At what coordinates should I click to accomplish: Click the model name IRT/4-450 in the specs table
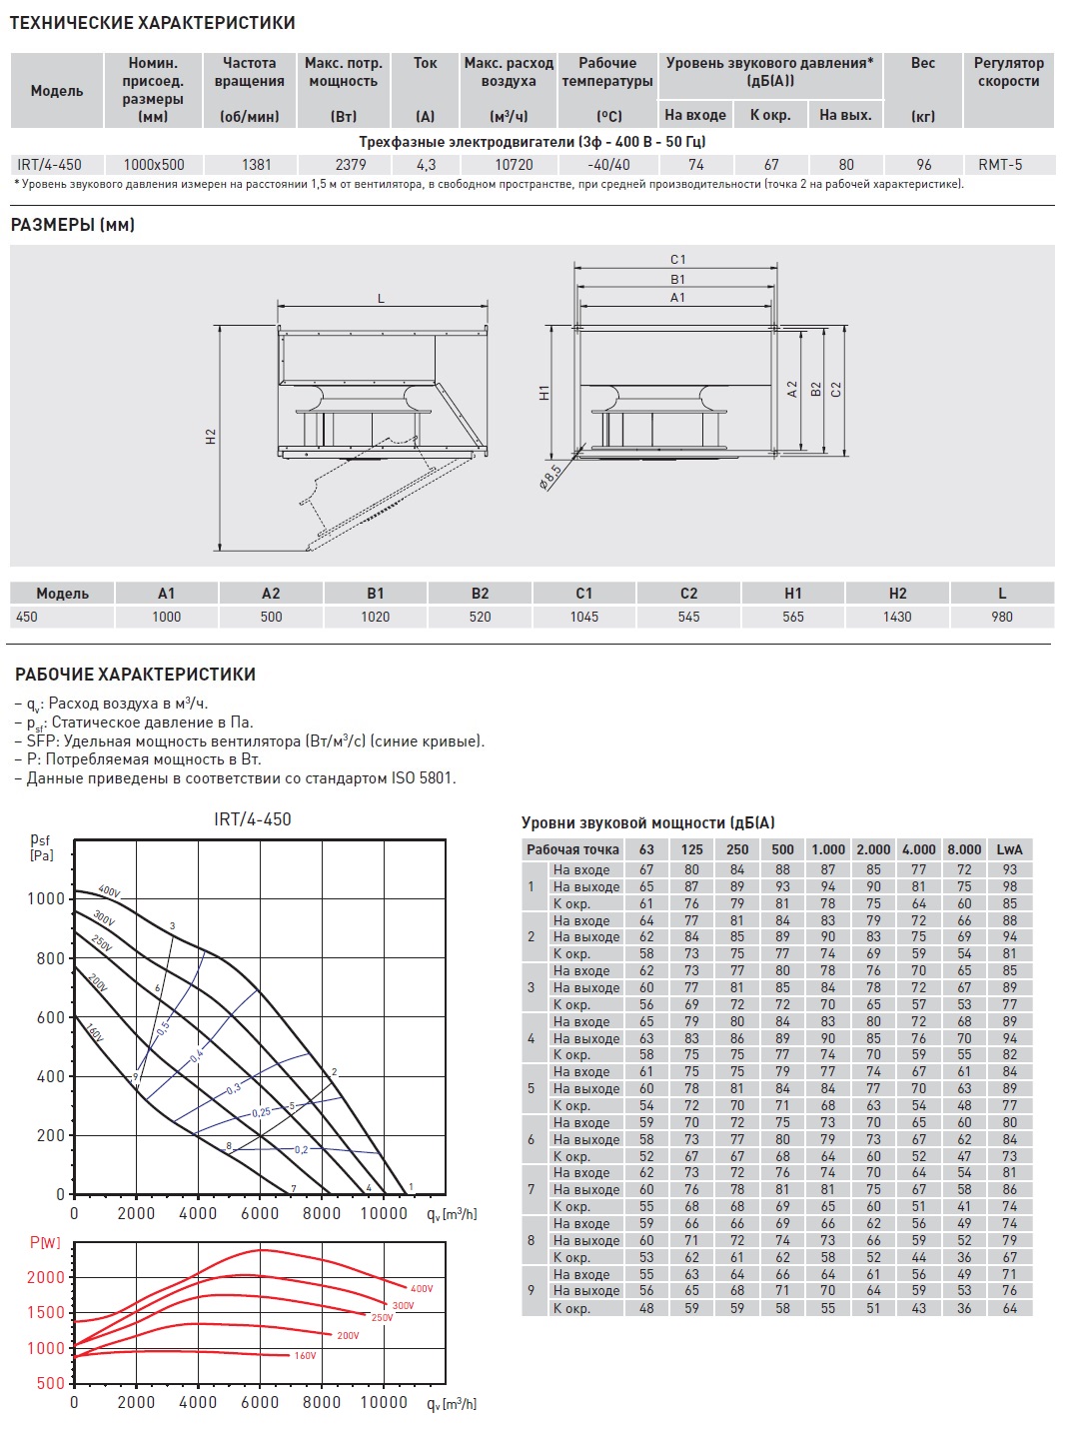pyautogui.click(x=49, y=164)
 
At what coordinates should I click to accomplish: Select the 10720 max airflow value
pyautogui.click(x=514, y=164)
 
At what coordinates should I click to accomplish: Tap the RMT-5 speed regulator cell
pyautogui.click(x=1000, y=164)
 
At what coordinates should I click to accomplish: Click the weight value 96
pyautogui.click(x=923, y=164)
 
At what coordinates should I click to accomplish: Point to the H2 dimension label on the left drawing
pyautogui.click(x=211, y=437)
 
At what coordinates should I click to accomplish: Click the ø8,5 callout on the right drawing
pyautogui.click(x=550, y=476)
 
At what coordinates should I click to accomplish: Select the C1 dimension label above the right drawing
pyautogui.click(x=678, y=260)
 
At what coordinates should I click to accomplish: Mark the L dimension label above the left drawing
pyautogui.click(x=381, y=299)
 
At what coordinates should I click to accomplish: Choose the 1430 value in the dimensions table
pyautogui.click(x=897, y=617)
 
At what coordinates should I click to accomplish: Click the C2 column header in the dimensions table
pyautogui.click(x=688, y=593)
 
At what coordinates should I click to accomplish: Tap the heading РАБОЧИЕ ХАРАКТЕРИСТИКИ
pyautogui.click(x=135, y=675)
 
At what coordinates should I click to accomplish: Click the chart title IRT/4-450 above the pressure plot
pyautogui.click(x=253, y=819)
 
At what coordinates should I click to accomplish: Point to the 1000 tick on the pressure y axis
pyautogui.click(x=46, y=898)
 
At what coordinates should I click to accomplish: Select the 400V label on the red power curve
pyautogui.click(x=422, y=1289)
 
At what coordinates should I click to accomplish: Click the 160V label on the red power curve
pyautogui.click(x=305, y=1356)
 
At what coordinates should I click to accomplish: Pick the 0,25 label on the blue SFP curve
pyautogui.click(x=261, y=1112)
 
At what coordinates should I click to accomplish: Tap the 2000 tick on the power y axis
pyautogui.click(x=46, y=1277)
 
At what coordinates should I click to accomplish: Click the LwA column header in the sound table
pyautogui.click(x=1009, y=849)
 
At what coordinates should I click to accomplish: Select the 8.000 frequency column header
pyautogui.click(x=964, y=849)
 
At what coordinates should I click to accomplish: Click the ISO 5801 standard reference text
pyautogui.click(x=422, y=777)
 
